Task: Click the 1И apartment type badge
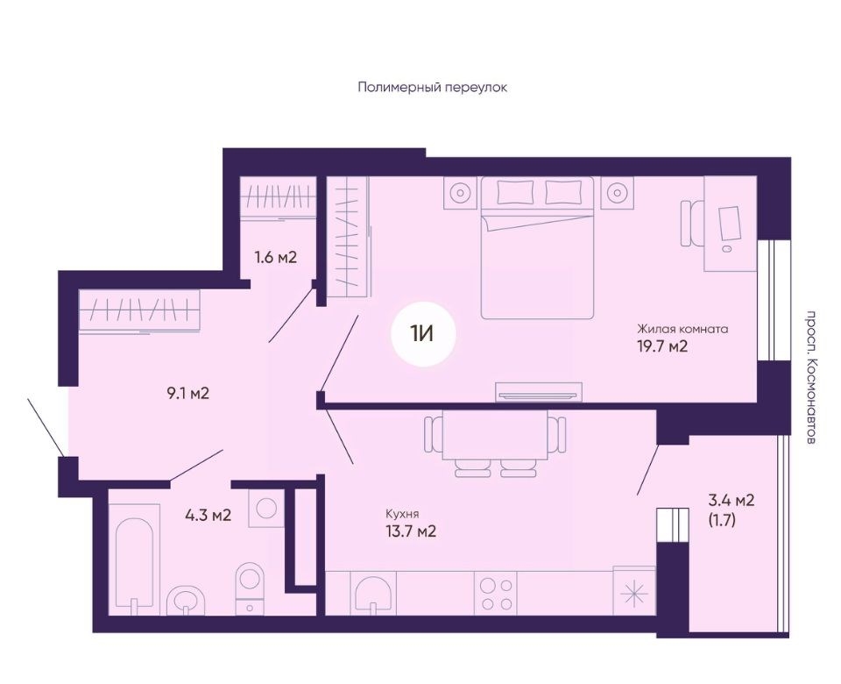point(423,334)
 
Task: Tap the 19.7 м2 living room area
point(662,346)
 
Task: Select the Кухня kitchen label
point(402,514)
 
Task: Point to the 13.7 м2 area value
point(411,531)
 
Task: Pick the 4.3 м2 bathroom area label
point(208,516)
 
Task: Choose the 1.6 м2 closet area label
point(276,257)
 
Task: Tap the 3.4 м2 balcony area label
point(731,501)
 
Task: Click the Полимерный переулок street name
point(432,87)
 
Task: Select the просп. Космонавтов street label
point(812,377)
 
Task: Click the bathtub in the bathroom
point(134,559)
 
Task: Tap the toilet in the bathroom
point(250,588)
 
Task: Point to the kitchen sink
point(373,594)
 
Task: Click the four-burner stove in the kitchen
point(495,594)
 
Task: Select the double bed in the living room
point(537,247)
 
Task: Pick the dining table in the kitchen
point(495,435)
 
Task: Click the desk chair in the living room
point(692,224)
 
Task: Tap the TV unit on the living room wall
point(539,392)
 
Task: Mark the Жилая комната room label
point(682,329)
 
